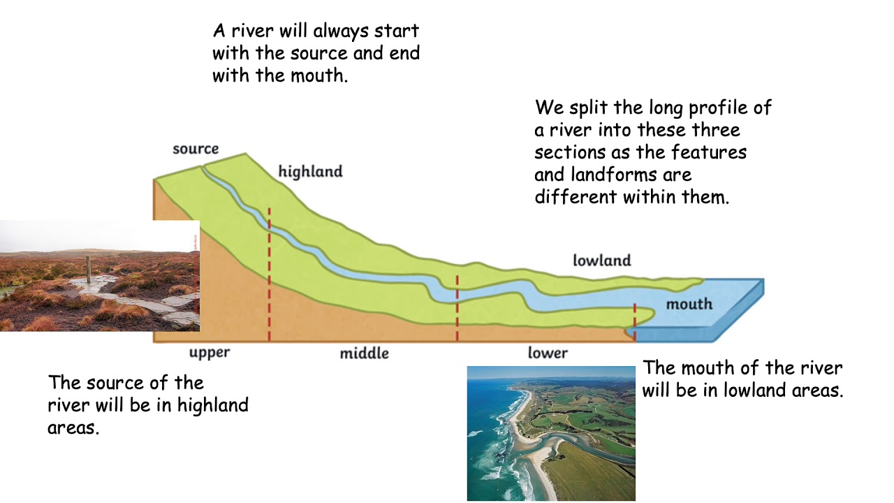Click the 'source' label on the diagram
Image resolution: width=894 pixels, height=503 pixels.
196,149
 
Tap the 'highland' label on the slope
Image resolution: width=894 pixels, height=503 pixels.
310,171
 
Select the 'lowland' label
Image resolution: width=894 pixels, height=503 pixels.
601,261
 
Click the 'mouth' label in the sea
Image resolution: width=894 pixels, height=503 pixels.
689,304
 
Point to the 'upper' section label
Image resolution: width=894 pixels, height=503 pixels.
210,353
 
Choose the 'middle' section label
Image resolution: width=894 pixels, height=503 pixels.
364,353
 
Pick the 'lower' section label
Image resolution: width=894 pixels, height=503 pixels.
548,353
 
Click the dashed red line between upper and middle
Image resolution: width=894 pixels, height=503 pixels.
269,279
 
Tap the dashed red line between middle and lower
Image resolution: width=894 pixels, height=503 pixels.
457,307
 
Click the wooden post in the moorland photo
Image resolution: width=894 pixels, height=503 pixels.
88,269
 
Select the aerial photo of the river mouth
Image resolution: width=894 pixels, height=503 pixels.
551,433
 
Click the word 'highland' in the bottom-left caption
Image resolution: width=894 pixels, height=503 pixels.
212,405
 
